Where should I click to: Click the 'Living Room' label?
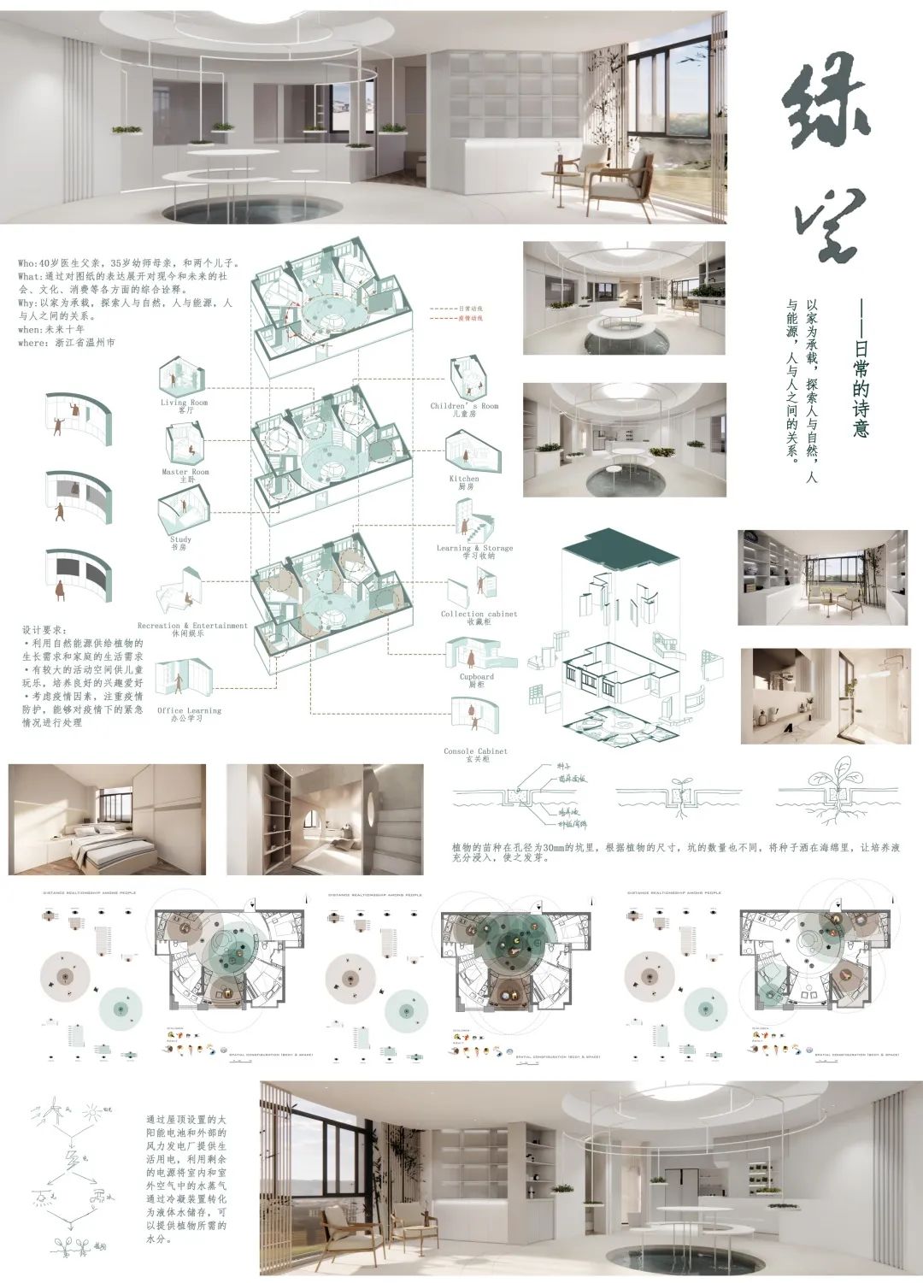[x=184, y=403]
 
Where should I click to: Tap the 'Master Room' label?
[x=185, y=472]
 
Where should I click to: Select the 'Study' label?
[x=180, y=539]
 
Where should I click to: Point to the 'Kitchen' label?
[x=464, y=479]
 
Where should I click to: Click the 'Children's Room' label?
[x=464, y=406]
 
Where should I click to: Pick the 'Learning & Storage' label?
[x=474, y=548]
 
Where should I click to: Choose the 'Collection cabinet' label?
[x=479, y=614]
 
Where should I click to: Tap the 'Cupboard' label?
[x=476, y=676]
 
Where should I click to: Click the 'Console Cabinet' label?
[x=475, y=751]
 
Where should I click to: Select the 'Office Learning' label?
[x=189, y=710]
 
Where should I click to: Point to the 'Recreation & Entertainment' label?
[x=192, y=626]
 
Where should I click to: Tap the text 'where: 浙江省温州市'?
[x=66, y=343]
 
